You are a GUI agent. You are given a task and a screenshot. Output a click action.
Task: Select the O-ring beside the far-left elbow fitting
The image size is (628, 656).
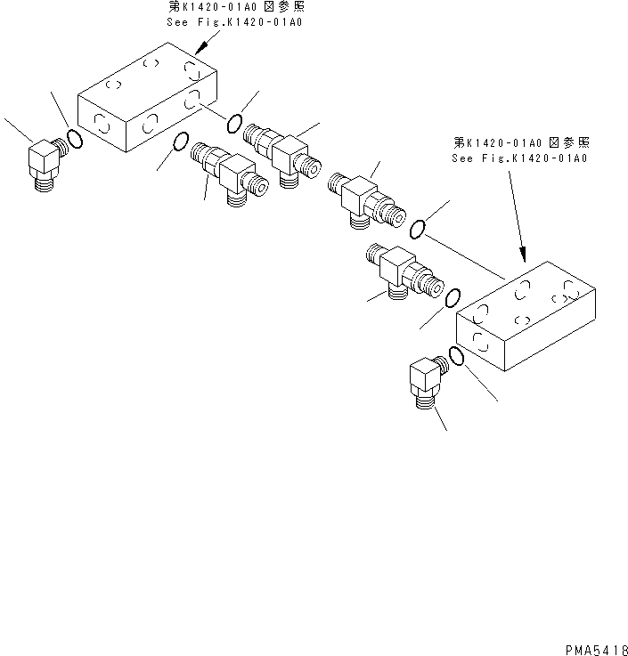coord(76,140)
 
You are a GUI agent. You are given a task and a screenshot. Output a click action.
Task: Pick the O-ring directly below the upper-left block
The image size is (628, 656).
coord(179,142)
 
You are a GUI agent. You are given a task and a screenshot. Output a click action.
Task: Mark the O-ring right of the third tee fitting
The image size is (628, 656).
coord(419,231)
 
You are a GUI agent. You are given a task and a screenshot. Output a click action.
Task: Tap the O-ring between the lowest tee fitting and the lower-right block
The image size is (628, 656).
coord(453,297)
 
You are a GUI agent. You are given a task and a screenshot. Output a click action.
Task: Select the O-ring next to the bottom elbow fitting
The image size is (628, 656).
coord(456,356)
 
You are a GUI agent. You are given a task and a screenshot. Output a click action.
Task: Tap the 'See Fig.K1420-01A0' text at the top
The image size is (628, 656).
coord(234,21)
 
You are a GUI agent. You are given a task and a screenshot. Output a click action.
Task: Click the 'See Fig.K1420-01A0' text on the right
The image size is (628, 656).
coord(521,157)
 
